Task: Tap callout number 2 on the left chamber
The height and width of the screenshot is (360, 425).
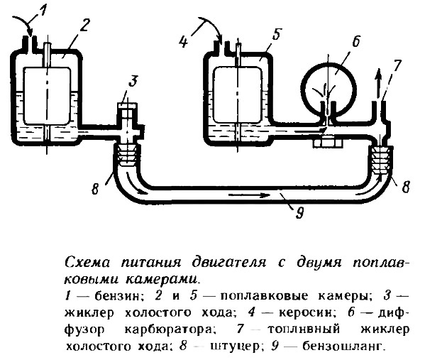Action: coord(83,26)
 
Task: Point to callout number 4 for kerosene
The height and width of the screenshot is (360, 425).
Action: coord(184,42)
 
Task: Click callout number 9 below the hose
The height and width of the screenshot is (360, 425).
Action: coord(299,212)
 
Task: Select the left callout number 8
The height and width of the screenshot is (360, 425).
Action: coord(94,188)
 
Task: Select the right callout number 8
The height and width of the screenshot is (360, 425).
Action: coord(405,187)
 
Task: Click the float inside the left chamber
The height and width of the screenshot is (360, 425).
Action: coord(48,96)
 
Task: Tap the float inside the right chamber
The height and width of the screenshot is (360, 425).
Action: coord(238,95)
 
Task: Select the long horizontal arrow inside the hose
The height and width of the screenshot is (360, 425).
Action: coord(250,195)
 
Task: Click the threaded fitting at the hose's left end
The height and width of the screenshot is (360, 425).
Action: coord(127,156)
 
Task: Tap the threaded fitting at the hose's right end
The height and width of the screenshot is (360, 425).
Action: coord(380,160)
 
